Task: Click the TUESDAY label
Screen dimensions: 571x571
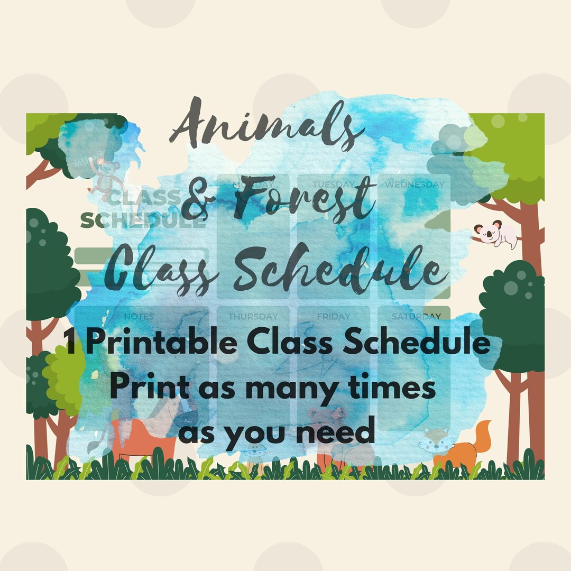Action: click(334, 185)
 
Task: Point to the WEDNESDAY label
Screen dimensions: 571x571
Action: click(414, 185)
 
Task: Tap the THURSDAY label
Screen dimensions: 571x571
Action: click(253, 317)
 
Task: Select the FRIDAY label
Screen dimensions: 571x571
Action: click(334, 317)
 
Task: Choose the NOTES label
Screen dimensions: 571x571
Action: click(139, 317)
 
